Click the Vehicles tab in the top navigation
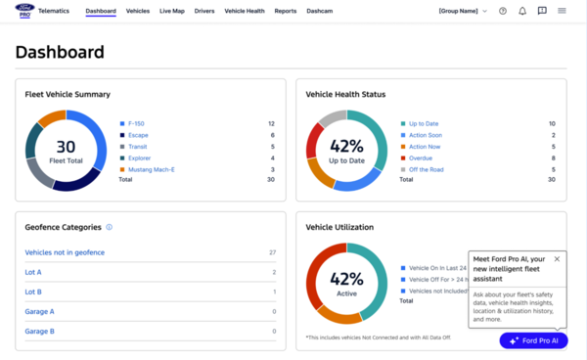coord(138,11)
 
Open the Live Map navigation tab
coord(171,11)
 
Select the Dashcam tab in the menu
coord(320,11)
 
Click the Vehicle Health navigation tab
coord(244,11)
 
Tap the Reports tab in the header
coord(286,11)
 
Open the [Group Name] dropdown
coord(464,11)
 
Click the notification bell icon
coord(522,11)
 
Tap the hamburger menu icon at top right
coord(562,11)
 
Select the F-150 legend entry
coord(138,124)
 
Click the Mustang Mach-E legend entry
coord(153,169)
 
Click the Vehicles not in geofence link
coord(65,252)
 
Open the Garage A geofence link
coord(40,311)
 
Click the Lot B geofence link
coord(33,292)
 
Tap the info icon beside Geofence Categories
coord(109,227)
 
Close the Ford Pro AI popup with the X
coord(557,259)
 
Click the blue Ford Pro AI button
coord(533,340)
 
